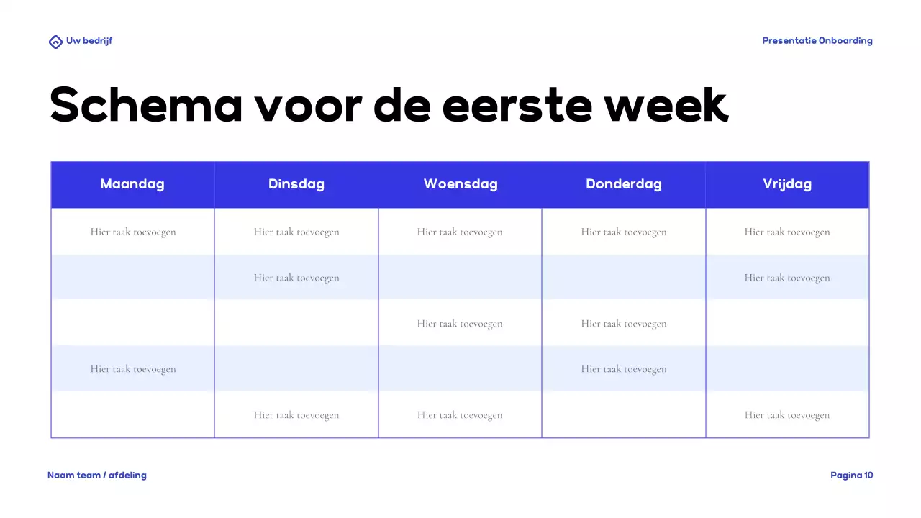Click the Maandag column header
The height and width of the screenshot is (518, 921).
[x=132, y=184]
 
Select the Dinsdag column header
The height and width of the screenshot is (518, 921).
[x=296, y=184]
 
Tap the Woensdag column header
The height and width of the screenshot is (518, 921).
[x=460, y=184]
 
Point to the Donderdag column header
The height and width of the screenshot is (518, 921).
[x=624, y=184]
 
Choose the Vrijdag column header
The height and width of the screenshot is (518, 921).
[x=787, y=184]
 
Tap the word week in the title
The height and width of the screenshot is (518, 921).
[x=666, y=105]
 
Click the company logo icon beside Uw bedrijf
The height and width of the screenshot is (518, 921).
[x=55, y=42]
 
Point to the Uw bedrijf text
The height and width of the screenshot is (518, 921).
[x=89, y=41]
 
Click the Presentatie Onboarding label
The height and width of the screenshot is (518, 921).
[x=817, y=41]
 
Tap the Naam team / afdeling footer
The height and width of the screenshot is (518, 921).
[x=97, y=476]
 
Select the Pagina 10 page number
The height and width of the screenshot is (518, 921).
[x=852, y=476]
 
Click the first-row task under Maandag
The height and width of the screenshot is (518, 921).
[x=133, y=232]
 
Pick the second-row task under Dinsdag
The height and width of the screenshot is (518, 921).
[x=296, y=278]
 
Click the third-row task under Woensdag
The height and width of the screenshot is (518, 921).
[x=460, y=324]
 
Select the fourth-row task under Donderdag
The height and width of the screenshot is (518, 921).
[x=624, y=369]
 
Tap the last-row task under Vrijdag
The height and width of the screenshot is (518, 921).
[x=787, y=415]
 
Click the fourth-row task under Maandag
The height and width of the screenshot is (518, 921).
[x=133, y=369]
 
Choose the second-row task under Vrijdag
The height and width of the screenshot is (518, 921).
[x=787, y=278]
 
